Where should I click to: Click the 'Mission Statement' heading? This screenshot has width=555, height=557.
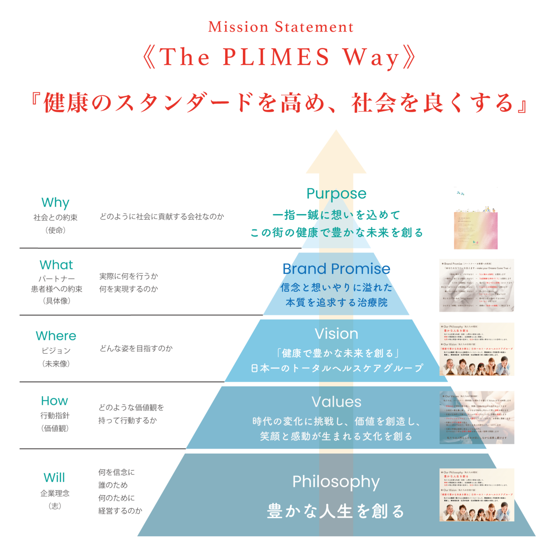(281, 27)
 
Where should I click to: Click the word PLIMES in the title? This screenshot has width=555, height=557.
(276, 57)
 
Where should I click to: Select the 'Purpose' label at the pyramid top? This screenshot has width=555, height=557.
(336, 194)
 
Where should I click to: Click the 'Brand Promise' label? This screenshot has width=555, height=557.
(336, 269)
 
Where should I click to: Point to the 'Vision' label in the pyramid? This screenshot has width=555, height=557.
(336, 334)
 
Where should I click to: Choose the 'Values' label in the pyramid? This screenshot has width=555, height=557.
(336, 402)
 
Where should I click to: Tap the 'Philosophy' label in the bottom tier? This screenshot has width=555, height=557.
(336, 482)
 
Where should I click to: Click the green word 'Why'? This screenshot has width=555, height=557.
(55, 203)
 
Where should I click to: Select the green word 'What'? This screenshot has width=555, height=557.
(56, 265)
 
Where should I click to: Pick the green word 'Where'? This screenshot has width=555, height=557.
(56, 336)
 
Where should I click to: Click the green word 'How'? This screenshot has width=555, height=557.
(55, 401)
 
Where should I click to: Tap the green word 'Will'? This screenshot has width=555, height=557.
(54, 478)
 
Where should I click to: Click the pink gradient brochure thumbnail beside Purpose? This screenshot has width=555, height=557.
(476, 218)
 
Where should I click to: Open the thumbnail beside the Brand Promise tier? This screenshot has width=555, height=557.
(476, 285)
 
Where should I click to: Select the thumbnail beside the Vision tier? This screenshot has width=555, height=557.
(477, 349)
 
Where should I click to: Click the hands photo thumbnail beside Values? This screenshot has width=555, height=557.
(477, 417)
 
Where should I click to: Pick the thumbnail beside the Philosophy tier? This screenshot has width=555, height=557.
(477, 495)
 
